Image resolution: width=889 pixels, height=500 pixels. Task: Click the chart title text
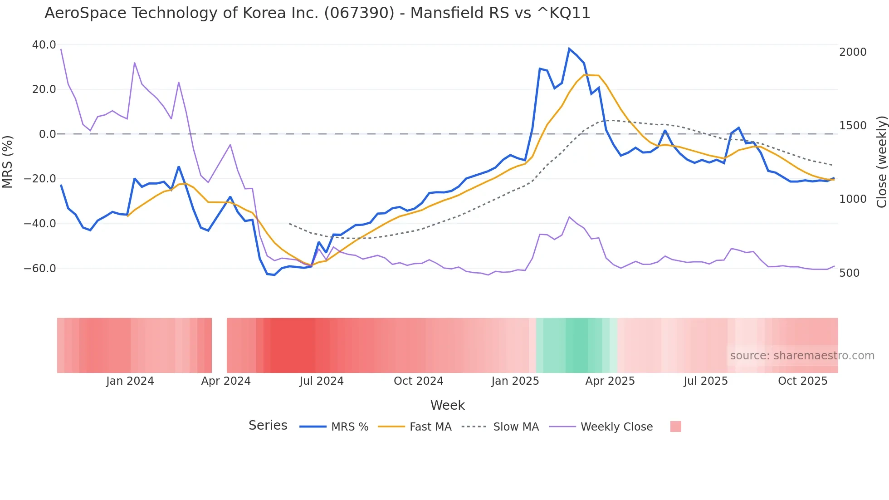[x=317, y=13]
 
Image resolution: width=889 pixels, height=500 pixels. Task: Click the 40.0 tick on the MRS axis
[x=44, y=45]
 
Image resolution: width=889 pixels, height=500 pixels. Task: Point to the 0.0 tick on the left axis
[x=47, y=134]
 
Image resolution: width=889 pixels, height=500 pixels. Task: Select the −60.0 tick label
[x=40, y=269]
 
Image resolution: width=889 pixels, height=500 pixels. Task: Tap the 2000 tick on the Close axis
[x=853, y=52]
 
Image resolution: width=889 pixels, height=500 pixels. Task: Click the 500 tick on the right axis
[x=850, y=273]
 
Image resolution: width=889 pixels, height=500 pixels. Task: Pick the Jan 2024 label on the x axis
[x=130, y=381]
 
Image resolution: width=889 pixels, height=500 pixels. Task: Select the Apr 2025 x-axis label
[x=610, y=381]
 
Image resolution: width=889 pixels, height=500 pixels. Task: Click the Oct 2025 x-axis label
[x=802, y=381]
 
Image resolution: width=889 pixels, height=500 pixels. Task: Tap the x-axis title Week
[x=447, y=405]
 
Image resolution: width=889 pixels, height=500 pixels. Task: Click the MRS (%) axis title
[x=8, y=162]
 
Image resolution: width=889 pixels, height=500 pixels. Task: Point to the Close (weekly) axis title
[x=881, y=162]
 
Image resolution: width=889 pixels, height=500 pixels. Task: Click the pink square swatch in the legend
[x=675, y=426]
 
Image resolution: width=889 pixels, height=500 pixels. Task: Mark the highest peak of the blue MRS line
[x=569, y=49]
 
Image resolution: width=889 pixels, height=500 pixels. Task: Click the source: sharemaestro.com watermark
[x=802, y=356]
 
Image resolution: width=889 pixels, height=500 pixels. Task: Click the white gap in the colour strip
[x=219, y=345]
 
